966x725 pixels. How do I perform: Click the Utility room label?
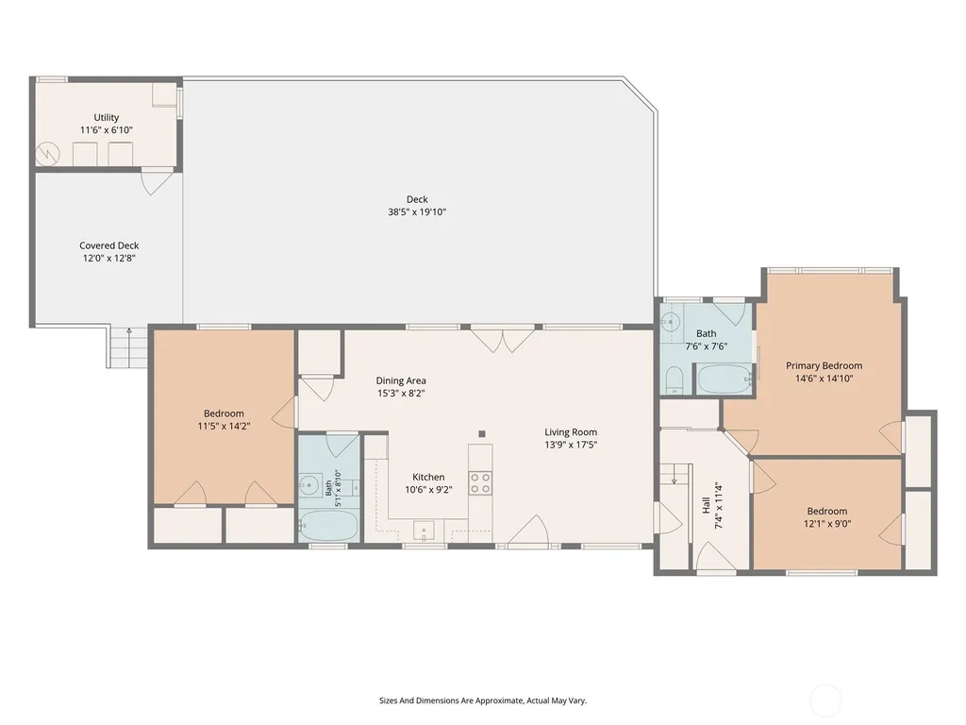(x=106, y=117)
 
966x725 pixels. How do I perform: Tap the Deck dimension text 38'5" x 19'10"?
(x=417, y=212)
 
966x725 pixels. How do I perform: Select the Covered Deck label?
(x=109, y=245)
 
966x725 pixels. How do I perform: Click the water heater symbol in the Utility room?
(x=47, y=154)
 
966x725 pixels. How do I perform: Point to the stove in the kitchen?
(x=480, y=482)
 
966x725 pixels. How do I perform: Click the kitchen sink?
(x=424, y=531)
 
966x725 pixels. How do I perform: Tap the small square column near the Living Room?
(x=482, y=434)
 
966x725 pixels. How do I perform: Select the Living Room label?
(x=571, y=432)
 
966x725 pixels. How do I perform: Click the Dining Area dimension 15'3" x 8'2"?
(x=401, y=394)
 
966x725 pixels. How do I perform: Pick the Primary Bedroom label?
(x=824, y=365)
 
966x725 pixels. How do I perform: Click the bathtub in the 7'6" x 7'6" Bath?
(x=724, y=379)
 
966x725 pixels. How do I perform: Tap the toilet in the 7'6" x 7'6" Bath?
(x=675, y=380)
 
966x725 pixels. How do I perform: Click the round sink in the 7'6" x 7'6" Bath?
(x=671, y=321)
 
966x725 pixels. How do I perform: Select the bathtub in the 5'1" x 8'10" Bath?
(x=327, y=525)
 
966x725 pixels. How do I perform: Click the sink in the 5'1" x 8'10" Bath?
(x=308, y=485)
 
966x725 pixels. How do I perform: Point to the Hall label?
(x=706, y=506)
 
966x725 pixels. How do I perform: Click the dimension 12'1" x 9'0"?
(x=826, y=524)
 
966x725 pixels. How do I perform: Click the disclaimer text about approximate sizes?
(x=483, y=700)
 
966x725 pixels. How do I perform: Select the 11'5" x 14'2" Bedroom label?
(x=224, y=413)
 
